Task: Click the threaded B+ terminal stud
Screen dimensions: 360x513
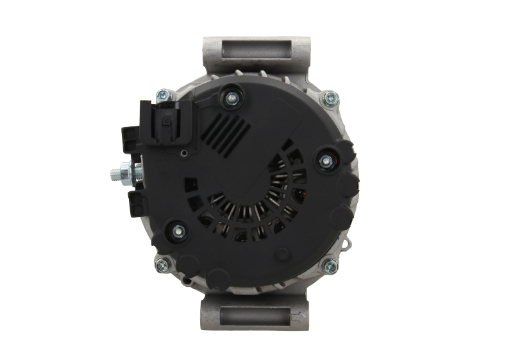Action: (115, 173)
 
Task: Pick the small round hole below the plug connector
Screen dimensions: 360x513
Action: (185, 152)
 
